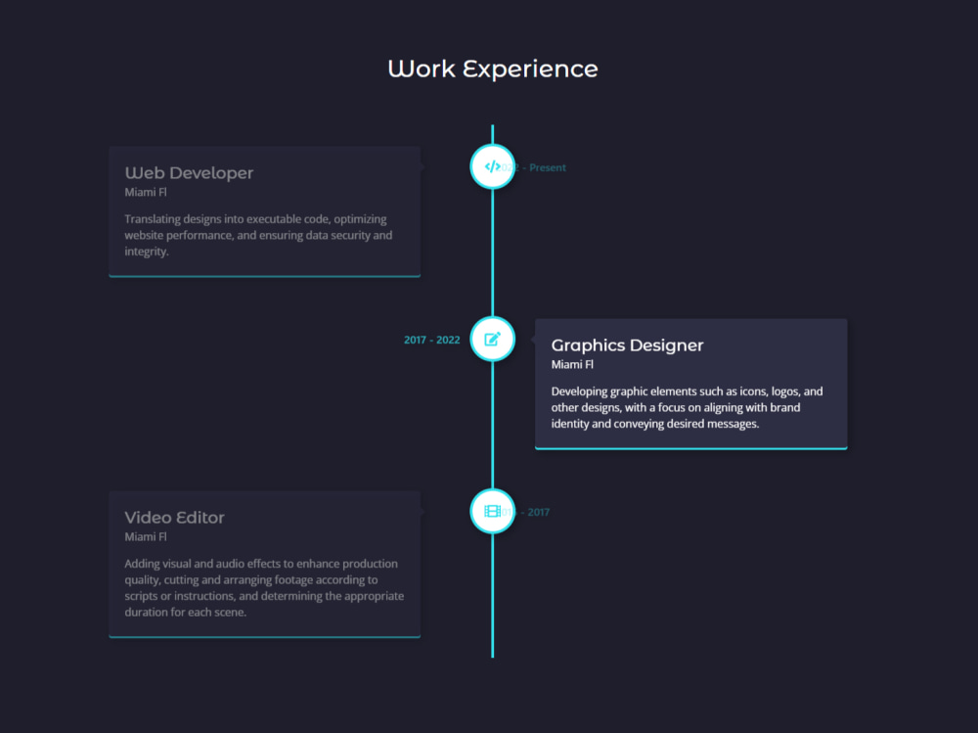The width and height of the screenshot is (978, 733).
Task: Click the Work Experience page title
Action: pos(492,69)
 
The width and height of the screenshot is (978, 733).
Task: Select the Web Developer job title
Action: pos(189,173)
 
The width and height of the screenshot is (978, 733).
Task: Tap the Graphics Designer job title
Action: pos(627,345)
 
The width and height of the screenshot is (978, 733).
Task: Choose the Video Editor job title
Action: pos(174,518)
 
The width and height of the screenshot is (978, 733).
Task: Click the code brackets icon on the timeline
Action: pos(492,166)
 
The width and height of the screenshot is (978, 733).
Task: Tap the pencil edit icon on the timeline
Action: pos(492,339)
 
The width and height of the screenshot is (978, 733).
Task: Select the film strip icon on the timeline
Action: pos(492,511)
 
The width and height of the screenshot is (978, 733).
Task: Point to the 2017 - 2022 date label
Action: pos(431,341)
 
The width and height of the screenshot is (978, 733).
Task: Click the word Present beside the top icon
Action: pos(548,167)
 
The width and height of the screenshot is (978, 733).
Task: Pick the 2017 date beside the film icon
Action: pos(539,512)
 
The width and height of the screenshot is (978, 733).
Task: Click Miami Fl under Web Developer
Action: pos(146,193)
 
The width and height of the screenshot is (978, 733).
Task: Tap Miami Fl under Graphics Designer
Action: pos(572,365)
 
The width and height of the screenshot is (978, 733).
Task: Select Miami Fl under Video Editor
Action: pos(146,537)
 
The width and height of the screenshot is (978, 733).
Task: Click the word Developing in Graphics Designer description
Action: pos(581,391)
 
